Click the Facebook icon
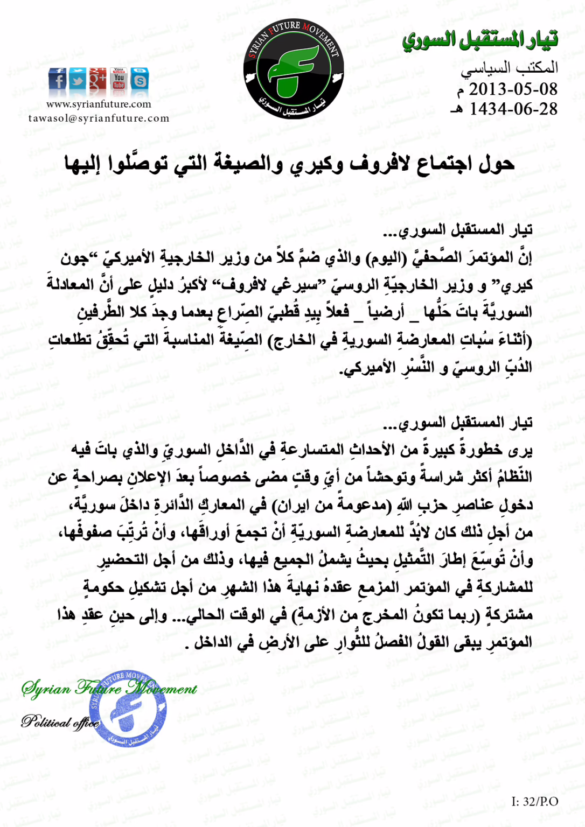point(58,80)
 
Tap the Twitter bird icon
point(78,80)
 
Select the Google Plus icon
point(98,79)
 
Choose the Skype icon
point(140,80)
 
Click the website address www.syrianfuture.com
point(99,104)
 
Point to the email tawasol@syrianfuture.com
point(99,118)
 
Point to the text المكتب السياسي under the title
point(509,68)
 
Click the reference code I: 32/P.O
point(534,802)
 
